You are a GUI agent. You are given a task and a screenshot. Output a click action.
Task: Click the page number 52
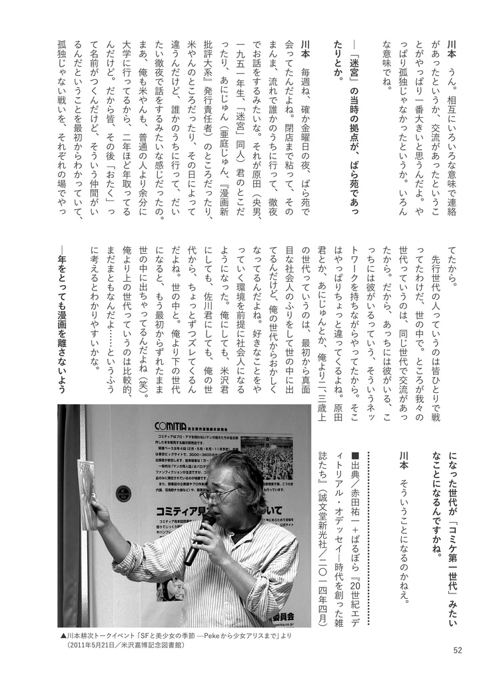(x=456, y=651)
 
